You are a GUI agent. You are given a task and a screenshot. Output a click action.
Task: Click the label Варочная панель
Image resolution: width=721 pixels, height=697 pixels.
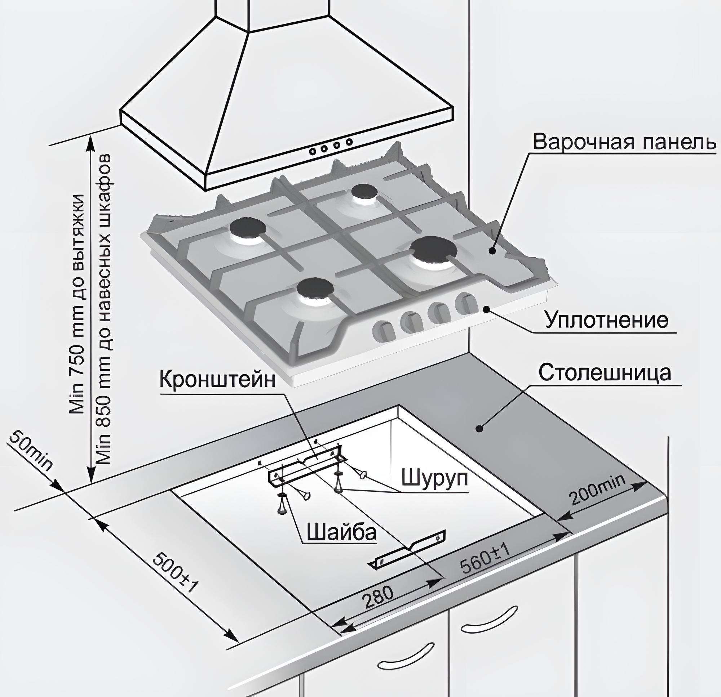pyautogui.click(x=625, y=142)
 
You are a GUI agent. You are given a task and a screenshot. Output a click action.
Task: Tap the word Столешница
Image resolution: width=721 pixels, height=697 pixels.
pyautogui.click(x=605, y=373)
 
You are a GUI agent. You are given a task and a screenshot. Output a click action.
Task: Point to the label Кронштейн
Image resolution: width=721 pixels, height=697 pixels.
pyautogui.click(x=217, y=380)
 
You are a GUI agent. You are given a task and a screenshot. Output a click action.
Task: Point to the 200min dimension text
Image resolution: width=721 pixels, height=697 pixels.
pyautogui.click(x=597, y=490)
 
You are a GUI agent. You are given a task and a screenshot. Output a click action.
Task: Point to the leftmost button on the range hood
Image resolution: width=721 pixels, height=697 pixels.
pyautogui.click(x=313, y=151)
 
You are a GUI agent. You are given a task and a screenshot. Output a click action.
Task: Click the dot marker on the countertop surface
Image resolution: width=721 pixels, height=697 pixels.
pyautogui.click(x=479, y=428)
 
